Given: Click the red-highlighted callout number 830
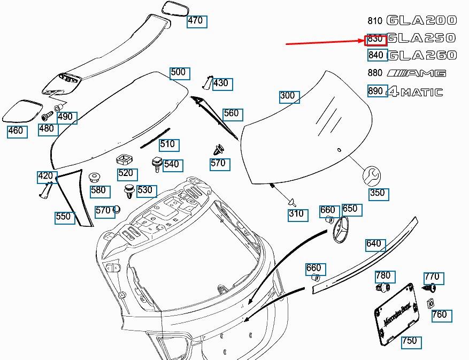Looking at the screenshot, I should [x=375, y=39].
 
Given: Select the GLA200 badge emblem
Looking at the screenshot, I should [x=421, y=21].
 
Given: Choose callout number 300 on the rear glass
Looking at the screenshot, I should [x=288, y=96].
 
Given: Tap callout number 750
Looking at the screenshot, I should [x=410, y=341].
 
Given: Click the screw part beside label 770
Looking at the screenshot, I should [x=428, y=288].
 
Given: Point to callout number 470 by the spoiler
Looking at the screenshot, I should [x=196, y=21].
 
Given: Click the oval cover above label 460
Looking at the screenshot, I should [x=22, y=110].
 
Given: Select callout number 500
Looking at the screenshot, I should [x=179, y=73].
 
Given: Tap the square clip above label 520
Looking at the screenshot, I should [x=124, y=159].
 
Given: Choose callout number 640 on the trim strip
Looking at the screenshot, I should [x=374, y=244].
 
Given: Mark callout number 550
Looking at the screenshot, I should [x=64, y=217].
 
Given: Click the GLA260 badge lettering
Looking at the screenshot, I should [x=421, y=55].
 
